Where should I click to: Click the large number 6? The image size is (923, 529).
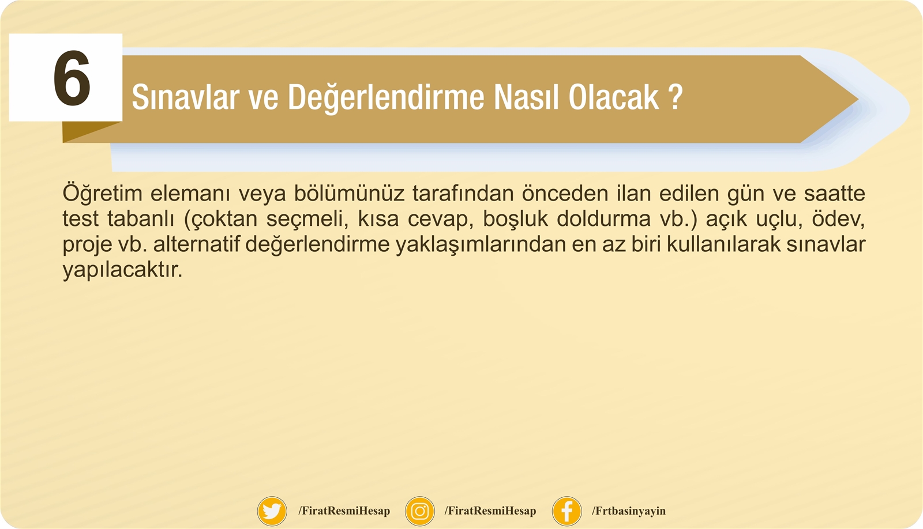(x=72, y=78)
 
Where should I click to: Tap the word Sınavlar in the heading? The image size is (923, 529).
(x=185, y=97)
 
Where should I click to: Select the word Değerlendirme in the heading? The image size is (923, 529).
(x=386, y=98)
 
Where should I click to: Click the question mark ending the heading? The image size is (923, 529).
(x=676, y=97)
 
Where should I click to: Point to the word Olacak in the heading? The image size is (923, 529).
(x=614, y=97)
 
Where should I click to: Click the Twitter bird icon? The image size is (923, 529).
(x=272, y=511)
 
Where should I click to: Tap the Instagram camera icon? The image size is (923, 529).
(x=420, y=511)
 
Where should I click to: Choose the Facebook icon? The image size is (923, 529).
(x=567, y=511)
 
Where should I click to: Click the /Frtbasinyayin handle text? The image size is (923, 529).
(x=629, y=511)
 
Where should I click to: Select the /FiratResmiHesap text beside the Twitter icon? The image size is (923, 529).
(x=344, y=511)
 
